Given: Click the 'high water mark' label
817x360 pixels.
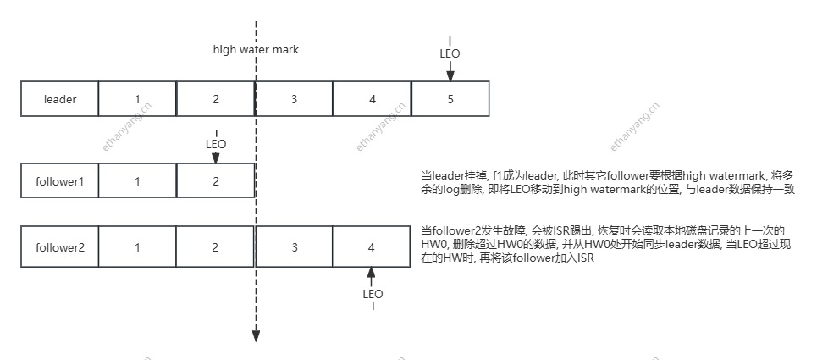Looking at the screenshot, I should [256, 50].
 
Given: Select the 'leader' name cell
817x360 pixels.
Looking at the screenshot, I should [60, 99].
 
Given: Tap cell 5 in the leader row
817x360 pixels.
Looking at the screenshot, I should [450, 99].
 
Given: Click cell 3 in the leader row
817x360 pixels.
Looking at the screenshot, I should [294, 99].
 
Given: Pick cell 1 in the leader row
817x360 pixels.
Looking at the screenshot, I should [137, 99].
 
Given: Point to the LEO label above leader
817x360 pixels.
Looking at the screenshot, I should [450, 53].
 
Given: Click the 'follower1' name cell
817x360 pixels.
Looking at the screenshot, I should [60, 180].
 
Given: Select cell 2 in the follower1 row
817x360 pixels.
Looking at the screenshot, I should [215, 180].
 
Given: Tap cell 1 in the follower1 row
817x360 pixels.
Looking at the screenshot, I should [137, 180].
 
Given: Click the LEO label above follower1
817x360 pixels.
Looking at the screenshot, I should [216, 145].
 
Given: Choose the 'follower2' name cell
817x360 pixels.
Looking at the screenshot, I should [60, 247].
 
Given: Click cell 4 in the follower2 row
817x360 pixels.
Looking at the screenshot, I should [372, 247].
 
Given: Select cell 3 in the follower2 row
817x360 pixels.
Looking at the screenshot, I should [294, 247].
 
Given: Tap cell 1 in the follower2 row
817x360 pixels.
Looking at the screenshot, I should [137, 247].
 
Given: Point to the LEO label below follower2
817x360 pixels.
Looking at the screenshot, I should [373, 294].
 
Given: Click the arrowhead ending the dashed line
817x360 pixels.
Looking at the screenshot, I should [256, 336].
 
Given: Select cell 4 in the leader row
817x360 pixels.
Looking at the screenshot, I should [372, 99].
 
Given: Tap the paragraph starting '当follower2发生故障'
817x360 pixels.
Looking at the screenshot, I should [606, 244].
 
